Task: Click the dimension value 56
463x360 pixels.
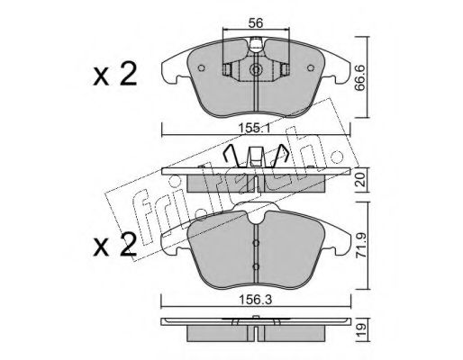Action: [256, 22]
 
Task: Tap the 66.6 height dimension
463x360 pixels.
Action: [360, 78]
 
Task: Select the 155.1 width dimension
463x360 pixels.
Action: [255, 129]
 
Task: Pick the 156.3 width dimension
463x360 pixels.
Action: [256, 300]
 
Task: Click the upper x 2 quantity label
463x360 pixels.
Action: [115, 74]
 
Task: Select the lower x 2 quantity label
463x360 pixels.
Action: [115, 245]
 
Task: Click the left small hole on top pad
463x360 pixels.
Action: [202, 68]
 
